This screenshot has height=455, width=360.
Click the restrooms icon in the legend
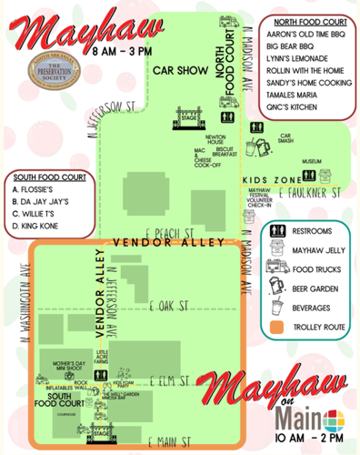(278, 230)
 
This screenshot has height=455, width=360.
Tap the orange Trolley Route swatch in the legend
(278, 325)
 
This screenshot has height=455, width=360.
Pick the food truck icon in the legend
(278, 268)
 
